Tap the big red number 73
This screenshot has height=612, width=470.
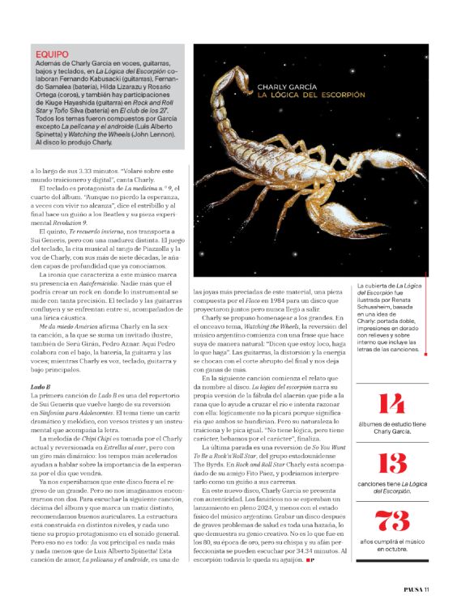391,522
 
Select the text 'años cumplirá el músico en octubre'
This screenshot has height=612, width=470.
391,547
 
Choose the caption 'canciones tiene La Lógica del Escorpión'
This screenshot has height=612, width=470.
391,488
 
